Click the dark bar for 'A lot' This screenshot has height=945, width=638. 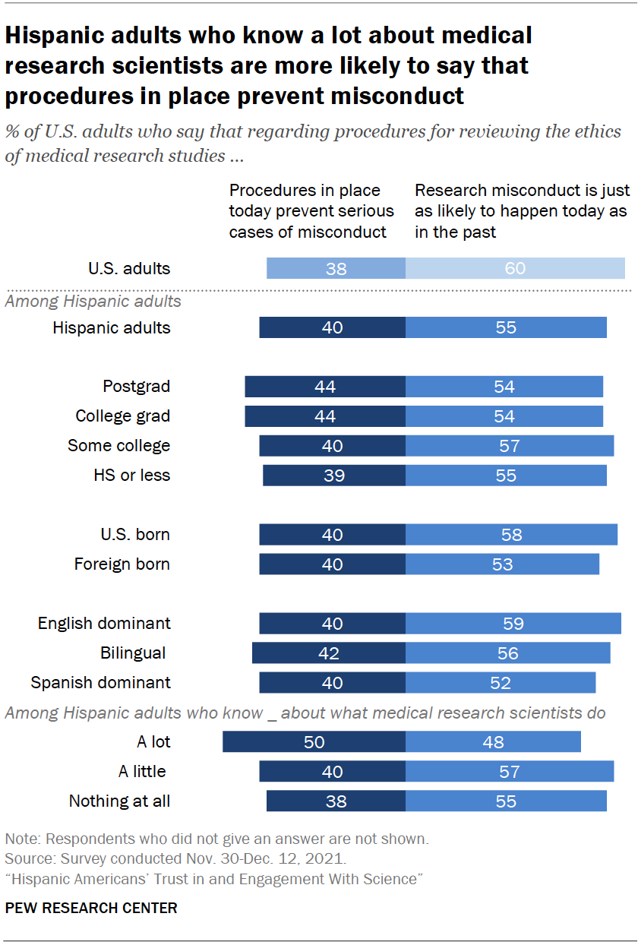[x=314, y=742]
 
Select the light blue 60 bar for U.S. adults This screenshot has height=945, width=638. [x=515, y=268]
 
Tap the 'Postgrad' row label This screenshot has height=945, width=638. [x=136, y=387]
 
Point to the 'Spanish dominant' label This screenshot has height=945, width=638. [x=100, y=682]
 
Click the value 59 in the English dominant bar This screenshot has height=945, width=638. [x=513, y=624]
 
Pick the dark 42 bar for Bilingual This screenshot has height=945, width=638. [x=328, y=653]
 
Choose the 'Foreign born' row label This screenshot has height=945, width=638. [x=122, y=564]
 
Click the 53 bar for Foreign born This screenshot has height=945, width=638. [x=502, y=564]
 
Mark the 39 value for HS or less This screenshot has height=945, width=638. [x=334, y=476]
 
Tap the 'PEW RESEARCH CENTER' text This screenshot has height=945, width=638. [x=91, y=908]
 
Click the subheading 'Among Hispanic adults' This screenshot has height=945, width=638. [x=93, y=302]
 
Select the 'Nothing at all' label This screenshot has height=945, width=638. [x=119, y=801]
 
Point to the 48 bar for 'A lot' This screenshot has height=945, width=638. [x=493, y=742]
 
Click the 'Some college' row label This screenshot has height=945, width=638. [x=118, y=446]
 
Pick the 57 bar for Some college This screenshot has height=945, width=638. [x=509, y=446]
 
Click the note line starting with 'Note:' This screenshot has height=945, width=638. [x=217, y=839]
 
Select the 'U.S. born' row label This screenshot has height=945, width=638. [x=135, y=535]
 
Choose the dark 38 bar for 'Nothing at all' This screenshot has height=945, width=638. [x=336, y=801]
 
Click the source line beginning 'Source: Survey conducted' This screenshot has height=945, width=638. [x=175, y=859]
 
